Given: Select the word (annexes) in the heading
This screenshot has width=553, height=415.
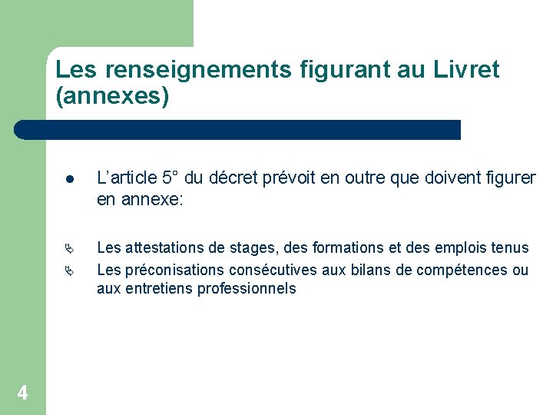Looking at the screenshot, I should tap(112, 97).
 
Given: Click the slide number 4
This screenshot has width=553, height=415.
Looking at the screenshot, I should tap(22, 393).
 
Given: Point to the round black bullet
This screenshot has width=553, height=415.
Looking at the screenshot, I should tap(69, 180).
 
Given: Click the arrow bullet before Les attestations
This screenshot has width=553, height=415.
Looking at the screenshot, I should tap(69, 248).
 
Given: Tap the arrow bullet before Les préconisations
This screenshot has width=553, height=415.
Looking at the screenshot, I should tap(69, 270).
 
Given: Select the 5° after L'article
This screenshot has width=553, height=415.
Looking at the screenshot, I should tap(173, 179).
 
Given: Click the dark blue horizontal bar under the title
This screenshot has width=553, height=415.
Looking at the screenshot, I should tap(238, 130).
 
